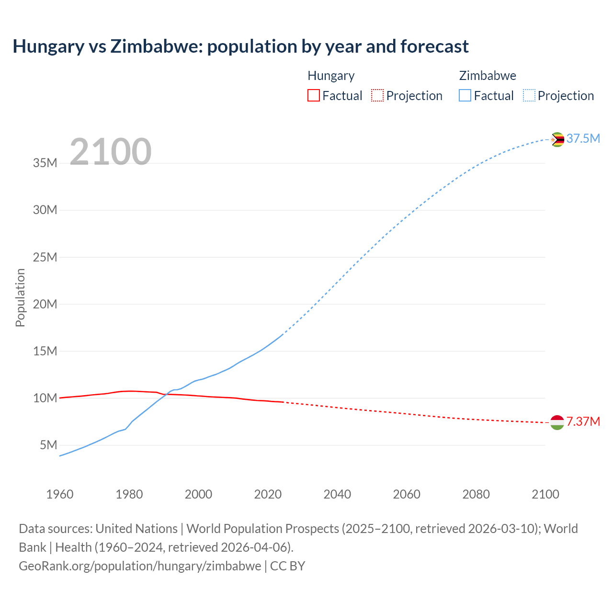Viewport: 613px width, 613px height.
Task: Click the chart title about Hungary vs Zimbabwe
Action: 240,46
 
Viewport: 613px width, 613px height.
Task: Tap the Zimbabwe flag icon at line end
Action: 557,139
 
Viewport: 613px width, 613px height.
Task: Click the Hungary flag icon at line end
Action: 557,422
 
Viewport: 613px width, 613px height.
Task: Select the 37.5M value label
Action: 583,139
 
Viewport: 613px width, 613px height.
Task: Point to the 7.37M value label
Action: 583,422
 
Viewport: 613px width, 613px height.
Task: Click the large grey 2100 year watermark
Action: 111,152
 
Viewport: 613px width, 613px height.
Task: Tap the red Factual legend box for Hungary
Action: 313,95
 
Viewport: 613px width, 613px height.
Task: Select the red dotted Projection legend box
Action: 377,95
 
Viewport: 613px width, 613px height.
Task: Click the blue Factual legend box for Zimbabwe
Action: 465,95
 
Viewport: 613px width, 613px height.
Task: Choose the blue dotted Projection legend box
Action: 529,95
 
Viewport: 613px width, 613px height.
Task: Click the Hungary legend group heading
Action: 331,76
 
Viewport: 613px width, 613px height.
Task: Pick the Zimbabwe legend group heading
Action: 488,76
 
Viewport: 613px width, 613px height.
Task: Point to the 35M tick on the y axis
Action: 45,163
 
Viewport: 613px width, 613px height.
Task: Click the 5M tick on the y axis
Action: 48,445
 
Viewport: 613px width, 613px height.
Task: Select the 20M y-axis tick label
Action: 45,305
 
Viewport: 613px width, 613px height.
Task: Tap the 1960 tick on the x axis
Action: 60,494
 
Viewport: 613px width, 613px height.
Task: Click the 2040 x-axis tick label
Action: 337,494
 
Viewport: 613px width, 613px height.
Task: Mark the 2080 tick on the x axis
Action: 476,494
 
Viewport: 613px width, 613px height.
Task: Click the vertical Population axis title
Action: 20,297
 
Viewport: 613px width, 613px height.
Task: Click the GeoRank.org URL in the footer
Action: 140,566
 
